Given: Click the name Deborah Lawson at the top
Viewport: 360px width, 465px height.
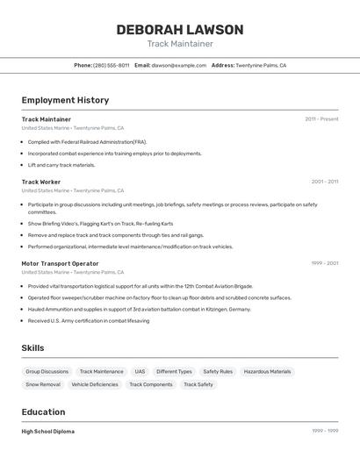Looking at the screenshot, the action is click(x=180, y=30).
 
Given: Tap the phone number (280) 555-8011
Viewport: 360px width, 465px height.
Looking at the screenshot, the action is click(x=112, y=65).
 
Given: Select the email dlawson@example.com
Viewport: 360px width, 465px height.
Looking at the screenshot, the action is click(x=179, y=65).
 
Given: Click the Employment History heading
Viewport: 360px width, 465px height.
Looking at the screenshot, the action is click(x=65, y=100).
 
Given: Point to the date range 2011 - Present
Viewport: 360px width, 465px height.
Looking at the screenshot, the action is click(x=321, y=119).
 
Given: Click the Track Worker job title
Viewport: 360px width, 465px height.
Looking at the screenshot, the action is click(x=41, y=182).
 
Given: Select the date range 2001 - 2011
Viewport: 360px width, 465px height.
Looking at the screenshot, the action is click(x=324, y=182).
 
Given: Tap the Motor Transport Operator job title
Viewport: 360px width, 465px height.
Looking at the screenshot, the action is click(x=60, y=263).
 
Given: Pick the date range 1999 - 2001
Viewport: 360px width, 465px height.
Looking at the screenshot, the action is click(x=324, y=263).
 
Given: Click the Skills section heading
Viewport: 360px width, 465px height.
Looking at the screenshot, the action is click(x=32, y=348).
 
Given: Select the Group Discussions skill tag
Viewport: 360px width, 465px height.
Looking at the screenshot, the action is click(x=47, y=371).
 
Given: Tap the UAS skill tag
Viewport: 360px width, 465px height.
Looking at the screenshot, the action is click(x=140, y=371).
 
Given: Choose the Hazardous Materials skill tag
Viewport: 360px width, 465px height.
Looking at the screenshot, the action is click(x=267, y=371).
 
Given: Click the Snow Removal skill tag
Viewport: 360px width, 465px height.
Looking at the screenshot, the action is click(x=43, y=384).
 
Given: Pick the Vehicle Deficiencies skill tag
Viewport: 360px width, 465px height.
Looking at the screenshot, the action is click(x=95, y=384).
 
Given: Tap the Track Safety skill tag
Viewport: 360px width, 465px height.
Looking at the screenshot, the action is click(x=198, y=384).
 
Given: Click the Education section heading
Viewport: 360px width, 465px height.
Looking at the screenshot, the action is click(x=43, y=411).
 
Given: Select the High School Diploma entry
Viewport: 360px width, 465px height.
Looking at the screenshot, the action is click(x=47, y=432).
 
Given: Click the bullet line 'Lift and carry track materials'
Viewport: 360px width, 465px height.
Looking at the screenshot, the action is click(x=61, y=165).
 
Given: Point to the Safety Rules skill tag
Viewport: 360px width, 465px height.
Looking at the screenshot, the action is click(x=218, y=371).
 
